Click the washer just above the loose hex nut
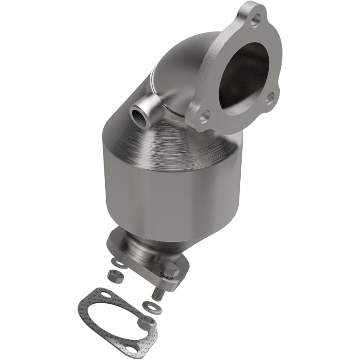point(119,262)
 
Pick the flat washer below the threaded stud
point(148,306)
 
